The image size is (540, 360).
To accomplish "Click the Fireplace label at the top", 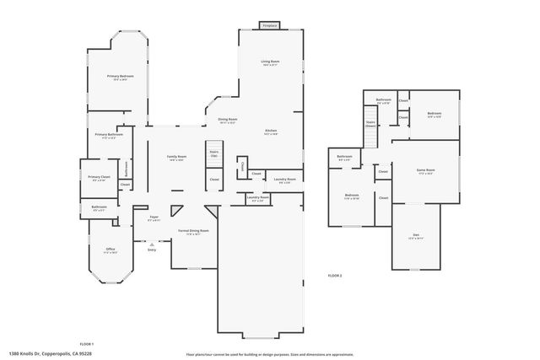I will [x=269, y=26].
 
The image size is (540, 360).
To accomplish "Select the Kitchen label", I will [x=270, y=131].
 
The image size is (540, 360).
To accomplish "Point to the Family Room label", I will [x=176, y=157].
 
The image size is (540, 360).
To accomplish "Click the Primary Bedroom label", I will [x=121, y=77].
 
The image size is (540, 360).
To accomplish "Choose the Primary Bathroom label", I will [x=109, y=135].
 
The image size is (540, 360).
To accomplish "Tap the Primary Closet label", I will [x=98, y=177].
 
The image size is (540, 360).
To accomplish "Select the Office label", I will [x=110, y=250].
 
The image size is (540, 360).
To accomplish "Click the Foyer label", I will [x=154, y=218].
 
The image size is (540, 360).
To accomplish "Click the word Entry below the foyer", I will [x=152, y=250].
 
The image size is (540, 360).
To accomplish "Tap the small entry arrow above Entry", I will [x=152, y=244].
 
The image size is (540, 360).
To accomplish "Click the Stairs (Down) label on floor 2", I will [x=370, y=123].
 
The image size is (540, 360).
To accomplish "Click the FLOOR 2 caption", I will [x=335, y=276].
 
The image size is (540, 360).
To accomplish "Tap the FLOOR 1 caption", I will [x=86, y=344].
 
